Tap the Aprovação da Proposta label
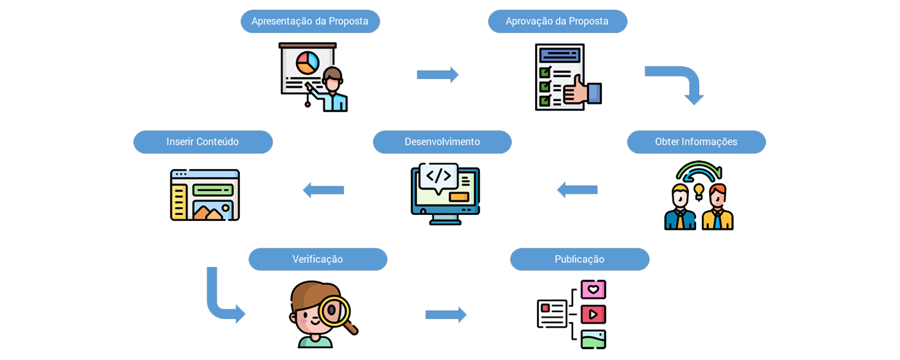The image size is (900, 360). point(557,22)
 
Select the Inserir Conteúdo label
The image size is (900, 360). point(202,142)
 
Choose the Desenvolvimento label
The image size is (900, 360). point(442,142)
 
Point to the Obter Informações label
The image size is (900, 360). point(696,142)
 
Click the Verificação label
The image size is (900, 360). point(317,259)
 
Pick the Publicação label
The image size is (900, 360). point(579,259)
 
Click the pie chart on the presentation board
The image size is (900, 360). point(308,62)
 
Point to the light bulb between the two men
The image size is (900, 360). point(698,190)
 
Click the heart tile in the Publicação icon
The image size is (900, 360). point(593,289)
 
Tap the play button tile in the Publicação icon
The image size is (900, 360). point(593,313)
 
